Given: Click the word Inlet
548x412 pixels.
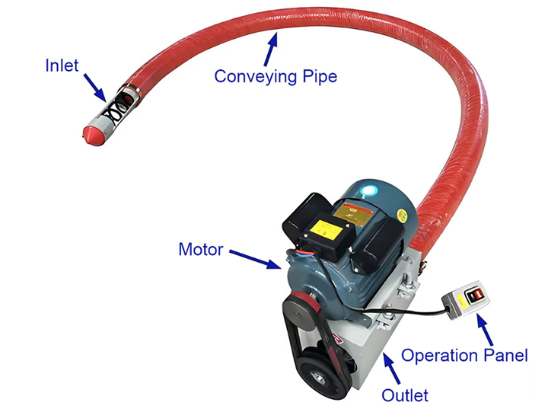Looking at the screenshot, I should click(61, 65).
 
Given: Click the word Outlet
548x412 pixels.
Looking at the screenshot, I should click(404, 394).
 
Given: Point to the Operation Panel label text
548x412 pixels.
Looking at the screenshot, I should click(464, 355).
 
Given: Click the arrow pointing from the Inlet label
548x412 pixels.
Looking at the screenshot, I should click(95, 86).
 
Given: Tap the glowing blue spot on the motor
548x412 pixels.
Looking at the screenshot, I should click(370, 190).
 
